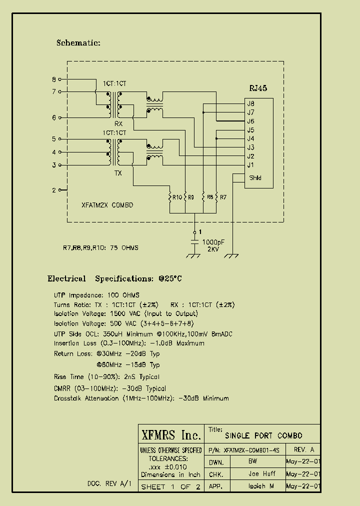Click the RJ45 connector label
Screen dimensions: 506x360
258,88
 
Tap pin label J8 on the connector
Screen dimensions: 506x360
250,103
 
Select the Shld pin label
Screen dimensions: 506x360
255,178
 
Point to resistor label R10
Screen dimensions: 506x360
176,197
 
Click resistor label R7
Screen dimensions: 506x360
223,197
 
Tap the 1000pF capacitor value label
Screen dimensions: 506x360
213,241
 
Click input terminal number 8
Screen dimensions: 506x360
54,79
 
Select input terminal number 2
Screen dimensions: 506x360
54,190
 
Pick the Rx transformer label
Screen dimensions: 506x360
118,123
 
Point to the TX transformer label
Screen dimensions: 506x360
118,173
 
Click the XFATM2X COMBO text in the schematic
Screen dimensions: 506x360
107,205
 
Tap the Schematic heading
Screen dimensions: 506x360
78,43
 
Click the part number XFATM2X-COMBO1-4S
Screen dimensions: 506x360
252,450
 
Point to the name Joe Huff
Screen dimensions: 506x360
262,473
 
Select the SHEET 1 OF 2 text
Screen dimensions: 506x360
171,486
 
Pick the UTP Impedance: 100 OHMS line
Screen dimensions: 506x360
97,295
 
